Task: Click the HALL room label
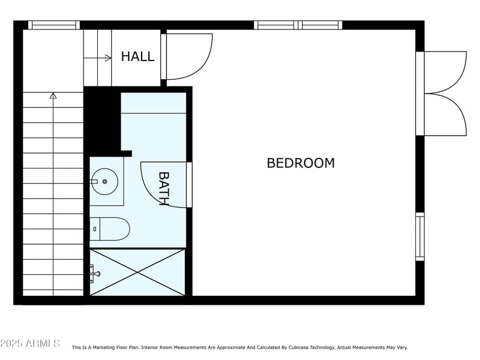click(x=137, y=56)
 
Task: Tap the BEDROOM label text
click(x=301, y=163)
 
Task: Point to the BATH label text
click(x=164, y=188)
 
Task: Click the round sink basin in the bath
click(x=105, y=182)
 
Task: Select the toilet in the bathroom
click(x=109, y=229)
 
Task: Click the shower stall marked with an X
click(x=137, y=272)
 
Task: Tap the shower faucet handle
click(x=95, y=274)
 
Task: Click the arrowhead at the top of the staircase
click(x=53, y=96)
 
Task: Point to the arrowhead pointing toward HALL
click(x=108, y=58)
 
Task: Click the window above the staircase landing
click(x=54, y=25)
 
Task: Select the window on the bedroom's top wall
click(x=298, y=25)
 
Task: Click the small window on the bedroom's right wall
click(x=420, y=236)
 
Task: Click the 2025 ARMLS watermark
click(x=30, y=343)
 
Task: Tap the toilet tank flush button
click(x=95, y=229)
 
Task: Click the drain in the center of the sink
click(x=104, y=182)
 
